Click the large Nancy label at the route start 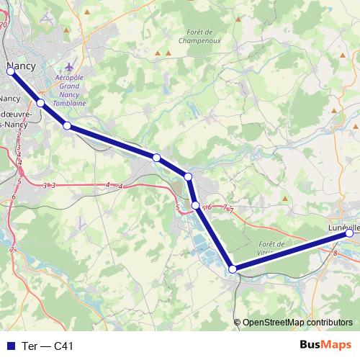click(x=21, y=67)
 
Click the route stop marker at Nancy click(x=10, y=71)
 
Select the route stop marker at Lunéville click(x=350, y=233)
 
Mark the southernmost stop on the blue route click(x=233, y=269)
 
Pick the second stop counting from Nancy click(x=41, y=103)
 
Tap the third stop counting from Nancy click(x=67, y=126)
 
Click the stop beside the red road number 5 click(x=195, y=205)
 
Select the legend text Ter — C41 click(x=48, y=346)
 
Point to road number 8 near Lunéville click(x=336, y=253)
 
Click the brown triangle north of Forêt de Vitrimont click(x=286, y=198)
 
